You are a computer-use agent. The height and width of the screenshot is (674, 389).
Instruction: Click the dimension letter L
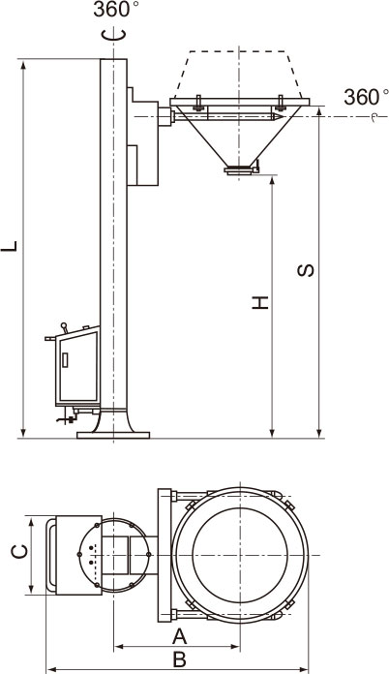[10, 246]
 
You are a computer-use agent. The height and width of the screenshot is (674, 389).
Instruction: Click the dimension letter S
[306, 270]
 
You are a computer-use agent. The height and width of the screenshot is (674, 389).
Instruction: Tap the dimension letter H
[260, 302]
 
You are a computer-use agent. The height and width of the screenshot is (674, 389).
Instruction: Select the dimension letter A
[179, 636]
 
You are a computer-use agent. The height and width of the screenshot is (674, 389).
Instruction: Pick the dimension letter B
[179, 659]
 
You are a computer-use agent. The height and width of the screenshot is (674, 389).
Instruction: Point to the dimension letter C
[19, 551]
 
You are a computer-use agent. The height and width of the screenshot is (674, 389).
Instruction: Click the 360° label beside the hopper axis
[366, 98]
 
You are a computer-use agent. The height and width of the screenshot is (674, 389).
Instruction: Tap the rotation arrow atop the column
[114, 35]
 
